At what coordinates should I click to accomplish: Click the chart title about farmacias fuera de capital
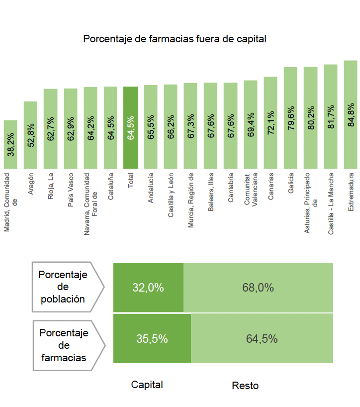point(175,39)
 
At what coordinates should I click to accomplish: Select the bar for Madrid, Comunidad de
point(10,144)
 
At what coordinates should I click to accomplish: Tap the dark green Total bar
point(130,128)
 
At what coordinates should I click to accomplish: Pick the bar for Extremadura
point(351,114)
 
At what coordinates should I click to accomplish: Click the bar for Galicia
point(290,118)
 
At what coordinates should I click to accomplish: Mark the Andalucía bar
point(151,127)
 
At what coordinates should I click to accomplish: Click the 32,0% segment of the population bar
point(148,288)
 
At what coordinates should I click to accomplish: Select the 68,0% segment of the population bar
point(258,288)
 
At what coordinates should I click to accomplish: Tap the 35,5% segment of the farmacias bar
point(152,339)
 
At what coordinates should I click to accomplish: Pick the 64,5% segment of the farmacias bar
point(262,339)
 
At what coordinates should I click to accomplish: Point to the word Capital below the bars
point(147,385)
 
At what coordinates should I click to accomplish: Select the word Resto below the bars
point(245,386)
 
